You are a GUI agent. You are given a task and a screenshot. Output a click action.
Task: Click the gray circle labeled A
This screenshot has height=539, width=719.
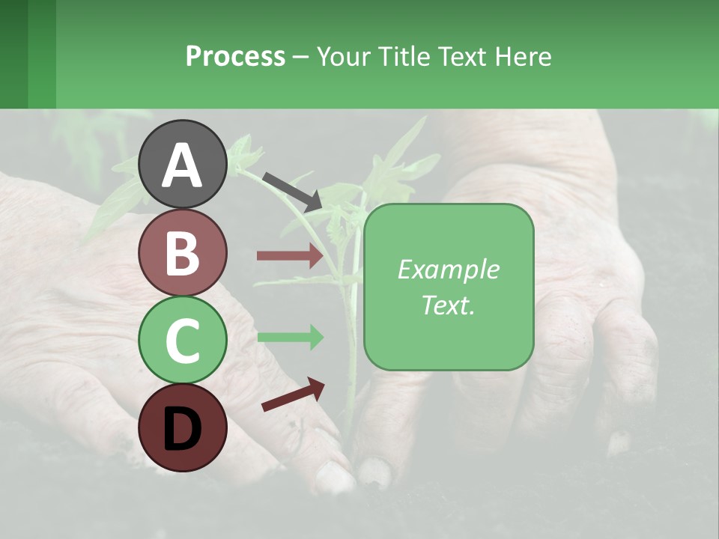(183, 165)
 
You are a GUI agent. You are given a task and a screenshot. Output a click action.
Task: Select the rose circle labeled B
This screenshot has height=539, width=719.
(183, 252)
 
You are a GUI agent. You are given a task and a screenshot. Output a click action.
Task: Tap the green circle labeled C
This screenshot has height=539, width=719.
(183, 340)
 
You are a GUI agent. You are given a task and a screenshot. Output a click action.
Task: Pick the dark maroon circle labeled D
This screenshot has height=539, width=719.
(183, 427)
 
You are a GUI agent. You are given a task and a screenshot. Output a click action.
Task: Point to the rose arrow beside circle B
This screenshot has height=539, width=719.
(290, 256)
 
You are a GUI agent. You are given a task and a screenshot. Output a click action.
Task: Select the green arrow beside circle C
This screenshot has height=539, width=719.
(290, 337)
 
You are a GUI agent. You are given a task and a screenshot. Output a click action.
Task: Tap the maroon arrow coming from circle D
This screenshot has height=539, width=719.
(293, 395)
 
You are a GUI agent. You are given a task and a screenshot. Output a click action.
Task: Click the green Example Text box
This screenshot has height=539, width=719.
(449, 287)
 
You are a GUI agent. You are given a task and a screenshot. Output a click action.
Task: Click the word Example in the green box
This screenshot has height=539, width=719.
(449, 269)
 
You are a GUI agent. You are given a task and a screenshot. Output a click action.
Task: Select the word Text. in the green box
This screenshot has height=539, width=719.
(449, 305)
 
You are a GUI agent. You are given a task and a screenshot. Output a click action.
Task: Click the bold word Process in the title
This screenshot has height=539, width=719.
(235, 56)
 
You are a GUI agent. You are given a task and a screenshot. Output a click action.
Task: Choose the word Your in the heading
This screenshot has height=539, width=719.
(342, 56)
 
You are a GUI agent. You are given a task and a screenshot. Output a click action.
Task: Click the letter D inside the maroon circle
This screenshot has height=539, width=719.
(183, 429)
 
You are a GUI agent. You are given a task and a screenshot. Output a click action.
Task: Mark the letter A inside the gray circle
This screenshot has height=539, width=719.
(183, 165)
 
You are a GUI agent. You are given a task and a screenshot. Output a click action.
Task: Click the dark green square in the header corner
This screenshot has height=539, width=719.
(14, 54)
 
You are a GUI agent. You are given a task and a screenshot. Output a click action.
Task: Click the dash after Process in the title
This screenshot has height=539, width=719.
(300, 57)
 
